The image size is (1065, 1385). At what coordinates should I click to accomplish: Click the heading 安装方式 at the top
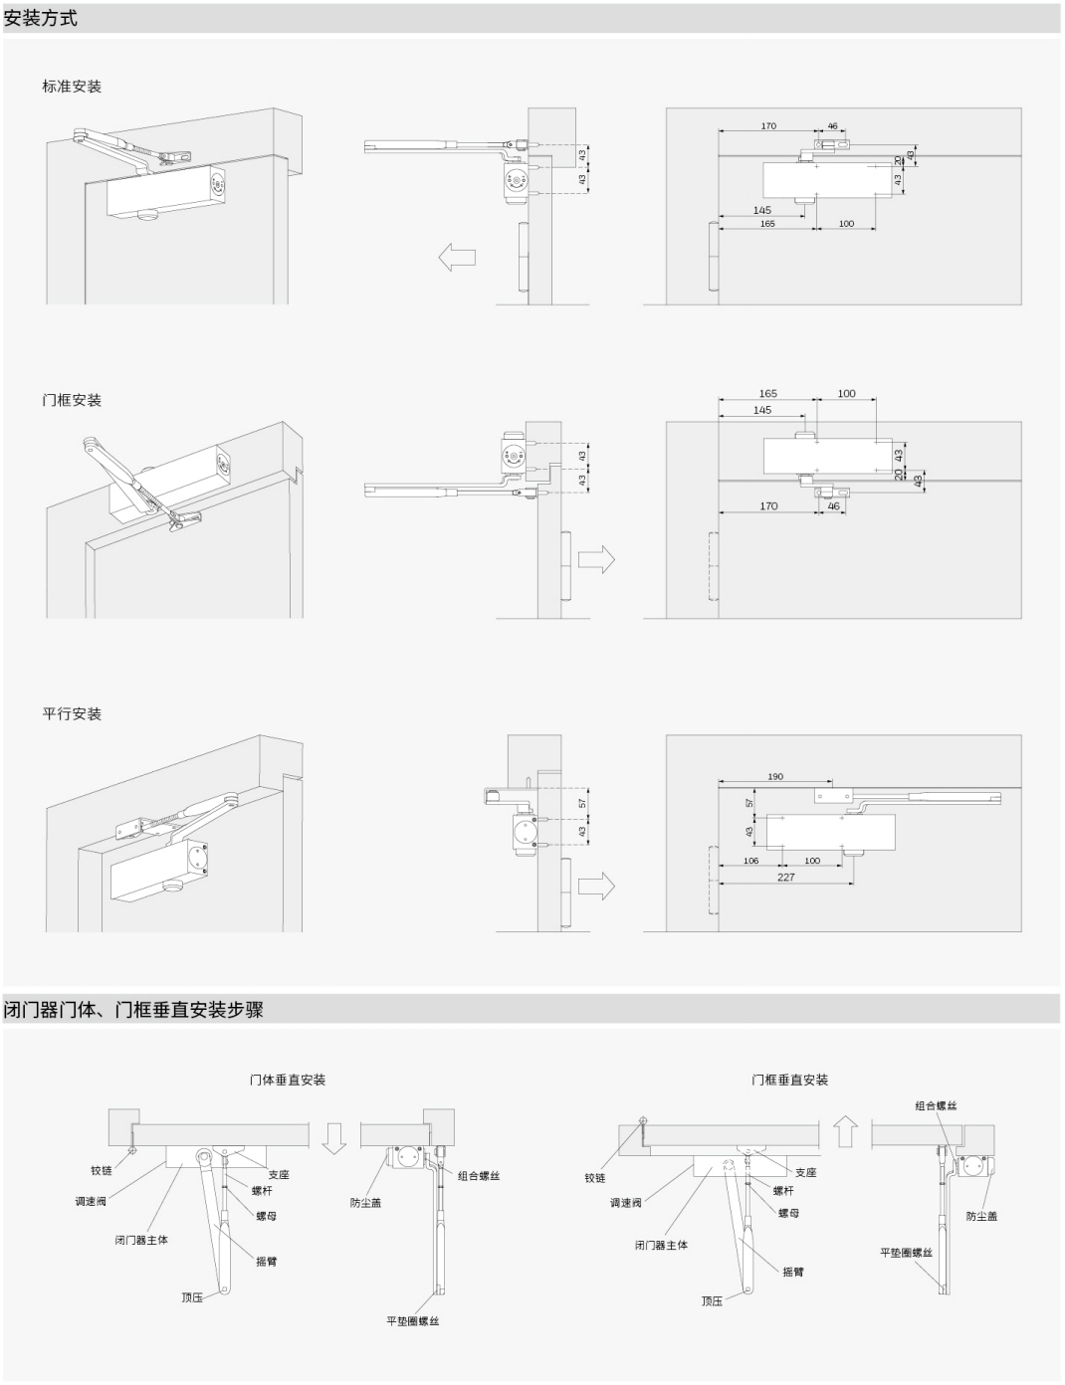(41, 18)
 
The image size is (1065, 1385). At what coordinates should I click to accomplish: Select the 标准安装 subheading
(72, 87)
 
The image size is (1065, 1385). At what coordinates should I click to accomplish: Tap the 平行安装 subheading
(72, 714)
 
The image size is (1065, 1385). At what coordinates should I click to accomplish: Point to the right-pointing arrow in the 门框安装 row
(596, 559)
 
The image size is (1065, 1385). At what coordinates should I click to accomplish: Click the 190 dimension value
(775, 776)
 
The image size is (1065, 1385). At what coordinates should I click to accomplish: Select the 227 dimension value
(786, 877)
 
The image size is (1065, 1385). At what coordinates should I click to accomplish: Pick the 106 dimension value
(750, 861)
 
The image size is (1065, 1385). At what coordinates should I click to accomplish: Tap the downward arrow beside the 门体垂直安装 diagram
(334, 1136)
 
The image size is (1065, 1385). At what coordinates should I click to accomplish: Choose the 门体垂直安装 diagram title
(288, 1080)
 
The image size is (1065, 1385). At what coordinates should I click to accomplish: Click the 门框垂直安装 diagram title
(789, 1080)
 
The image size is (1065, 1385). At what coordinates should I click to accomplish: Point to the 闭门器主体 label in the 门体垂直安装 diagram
(141, 1240)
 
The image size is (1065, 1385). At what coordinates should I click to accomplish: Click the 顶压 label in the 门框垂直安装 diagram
(712, 1300)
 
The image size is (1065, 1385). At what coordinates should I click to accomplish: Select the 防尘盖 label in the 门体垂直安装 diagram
(365, 1202)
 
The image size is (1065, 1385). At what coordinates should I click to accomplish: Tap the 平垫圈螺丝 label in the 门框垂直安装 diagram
(906, 1252)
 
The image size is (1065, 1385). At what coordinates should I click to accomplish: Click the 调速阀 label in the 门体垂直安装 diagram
(91, 1201)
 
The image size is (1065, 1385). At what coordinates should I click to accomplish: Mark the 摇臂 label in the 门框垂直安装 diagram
(793, 1272)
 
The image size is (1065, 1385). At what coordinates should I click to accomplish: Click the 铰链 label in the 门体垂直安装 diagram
(103, 1170)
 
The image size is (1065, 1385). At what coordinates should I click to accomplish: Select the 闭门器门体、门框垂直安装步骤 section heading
(133, 1010)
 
